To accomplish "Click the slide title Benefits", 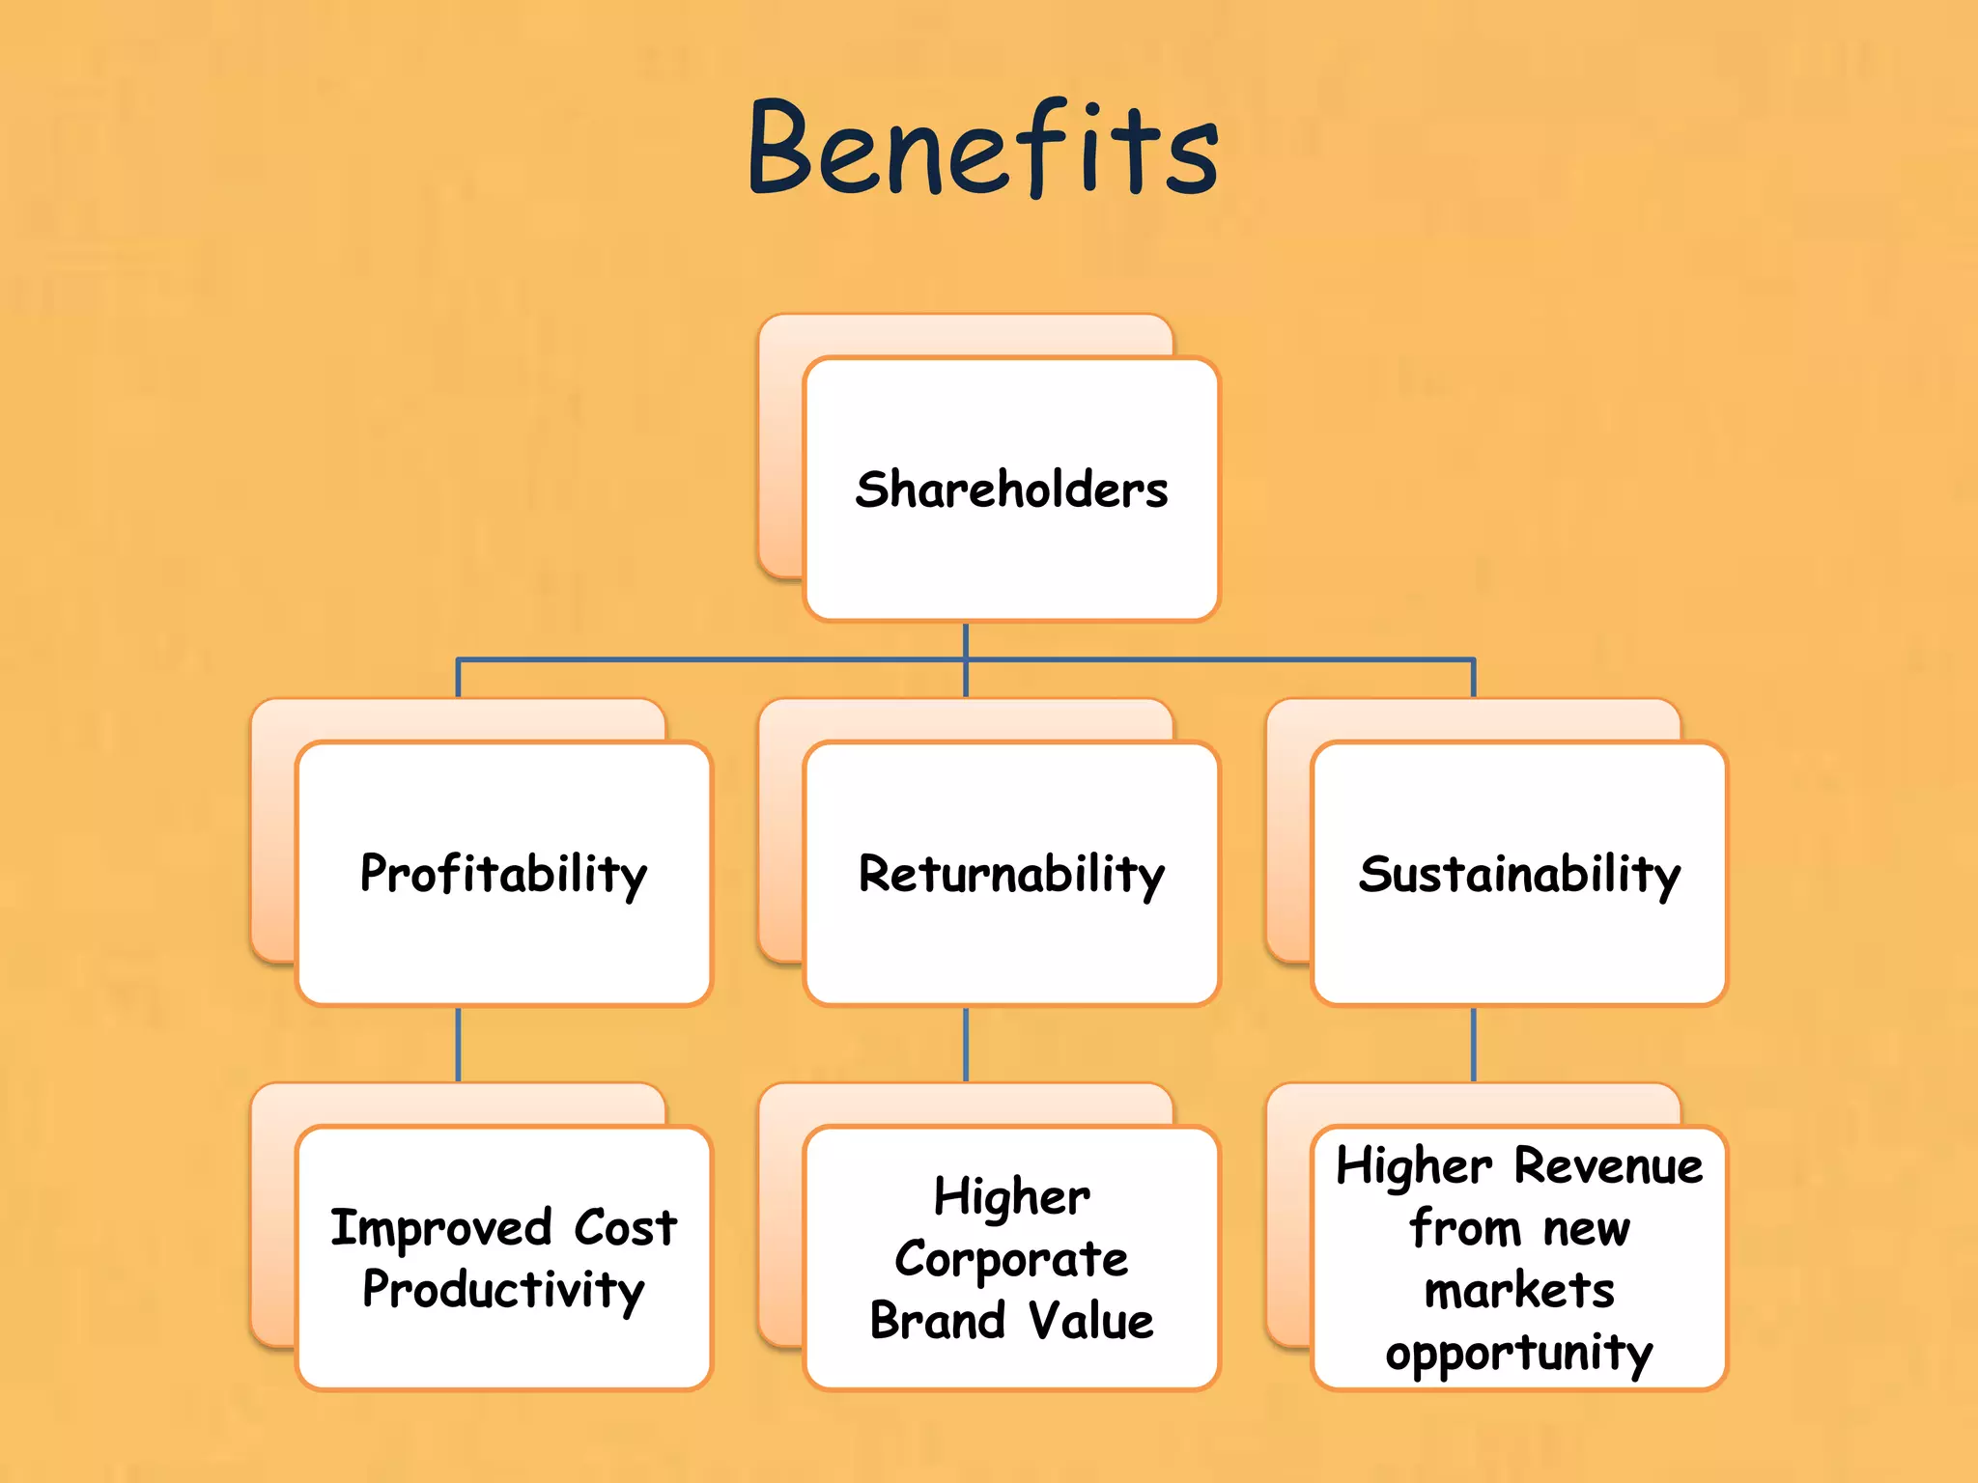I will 983,150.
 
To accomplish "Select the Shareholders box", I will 1011,489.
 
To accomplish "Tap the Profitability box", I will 503,874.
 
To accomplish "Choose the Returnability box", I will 1011,874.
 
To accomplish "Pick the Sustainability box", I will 1519,874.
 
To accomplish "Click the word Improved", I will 440,1229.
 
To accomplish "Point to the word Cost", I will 626,1228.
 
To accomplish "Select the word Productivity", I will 503,1291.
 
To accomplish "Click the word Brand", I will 937,1321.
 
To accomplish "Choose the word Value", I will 1090,1321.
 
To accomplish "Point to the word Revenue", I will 1608,1166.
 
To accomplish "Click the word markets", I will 1519,1291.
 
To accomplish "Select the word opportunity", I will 1519,1354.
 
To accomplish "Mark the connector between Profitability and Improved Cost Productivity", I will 458,1045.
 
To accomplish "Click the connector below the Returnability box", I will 966,1045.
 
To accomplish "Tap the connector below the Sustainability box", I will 1474,1045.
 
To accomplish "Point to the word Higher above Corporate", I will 1011,1198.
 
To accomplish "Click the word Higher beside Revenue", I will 1414,1166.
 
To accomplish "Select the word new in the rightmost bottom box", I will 1586,1229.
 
